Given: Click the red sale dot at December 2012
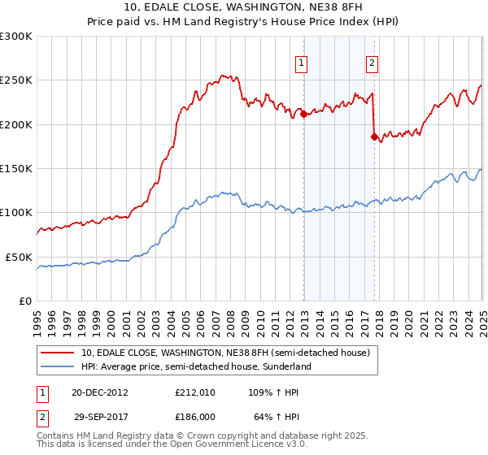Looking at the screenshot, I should [303, 115].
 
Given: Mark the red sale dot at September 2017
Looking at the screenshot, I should [374, 137].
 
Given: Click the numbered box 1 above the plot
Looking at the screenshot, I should [302, 63].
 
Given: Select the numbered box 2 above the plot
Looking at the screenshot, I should [372, 63].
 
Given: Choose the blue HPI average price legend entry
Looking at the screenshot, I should [194, 366].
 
